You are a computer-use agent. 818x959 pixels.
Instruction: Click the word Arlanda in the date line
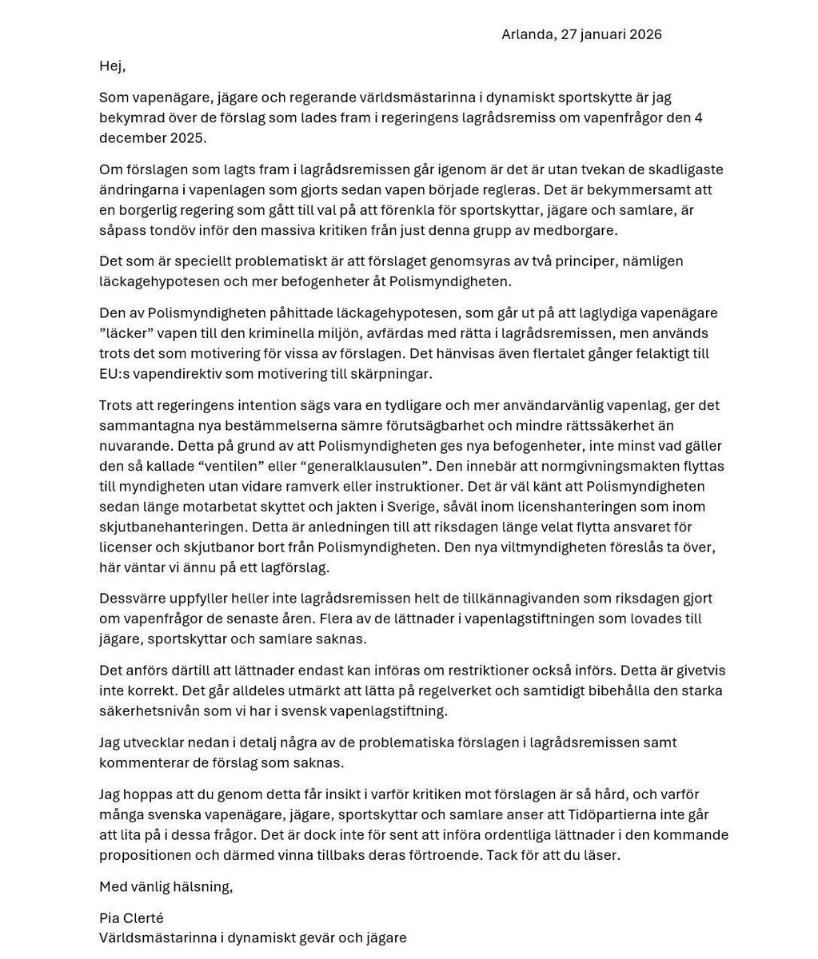(526, 34)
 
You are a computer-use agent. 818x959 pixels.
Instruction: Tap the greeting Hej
(112, 66)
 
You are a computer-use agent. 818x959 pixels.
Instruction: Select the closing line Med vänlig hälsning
(166, 886)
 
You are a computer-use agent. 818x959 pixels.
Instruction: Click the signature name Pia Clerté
(131, 917)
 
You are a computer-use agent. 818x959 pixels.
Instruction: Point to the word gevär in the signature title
(281, 937)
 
